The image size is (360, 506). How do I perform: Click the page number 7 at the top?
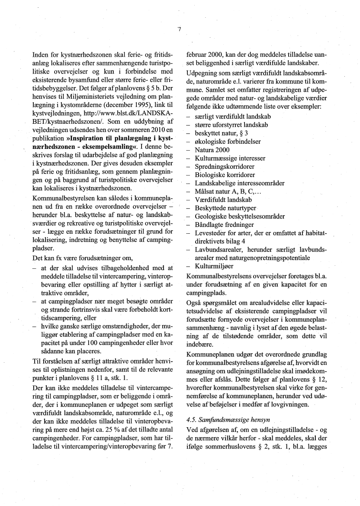pyautogui.click(x=179, y=29)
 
